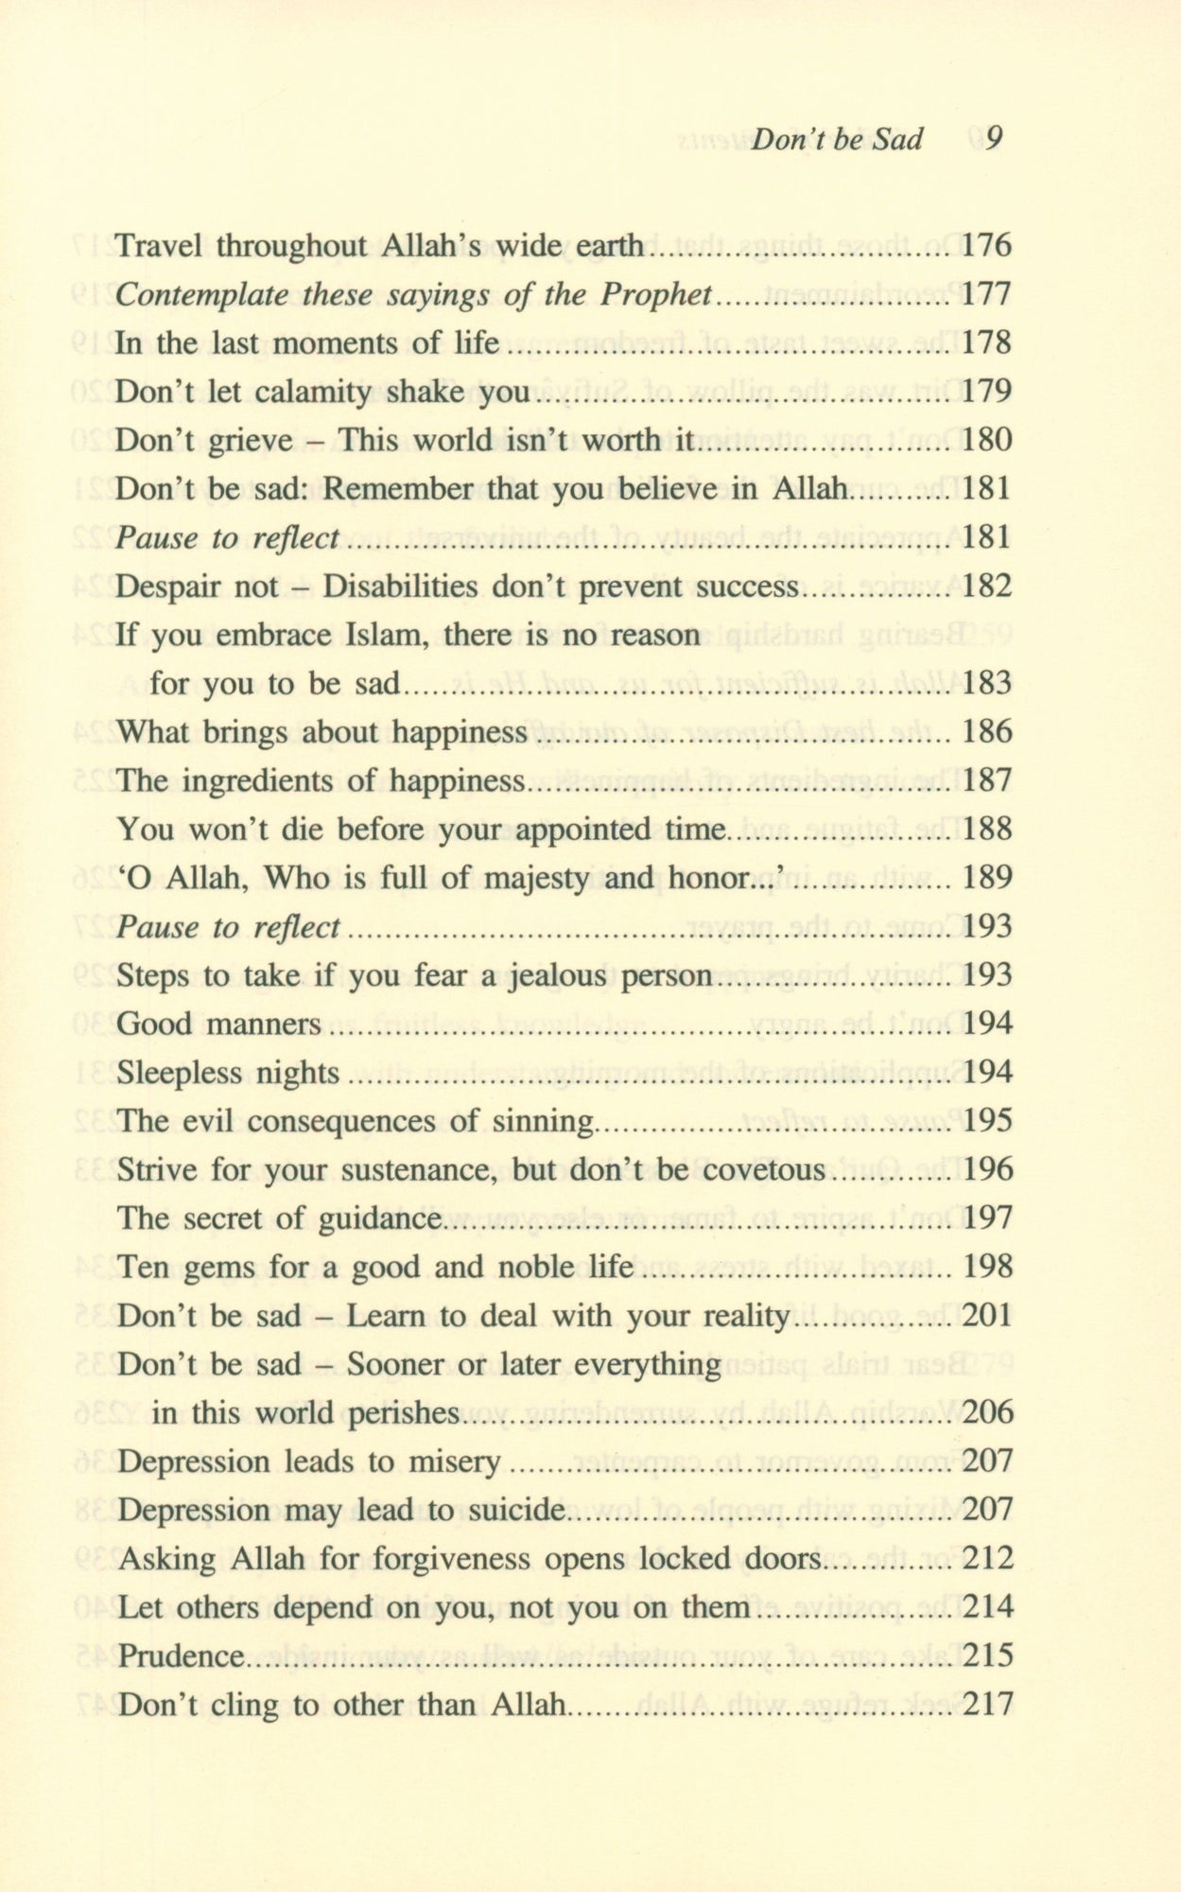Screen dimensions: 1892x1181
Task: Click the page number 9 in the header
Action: click(x=993, y=139)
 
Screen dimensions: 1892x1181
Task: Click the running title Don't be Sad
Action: click(x=836, y=140)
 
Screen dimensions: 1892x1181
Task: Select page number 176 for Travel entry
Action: click(x=986, y=246)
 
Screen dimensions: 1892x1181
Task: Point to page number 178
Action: click(x=986, y=343)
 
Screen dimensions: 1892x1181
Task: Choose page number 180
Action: click(x=986, y=441)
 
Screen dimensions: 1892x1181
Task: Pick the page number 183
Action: click(x=986, y=684)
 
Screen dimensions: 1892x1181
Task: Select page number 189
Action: click(x=986, y=879)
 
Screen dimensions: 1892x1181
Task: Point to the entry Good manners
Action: click(x=218, y=1025)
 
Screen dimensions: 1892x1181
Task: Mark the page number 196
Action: click(x=986, y=1170)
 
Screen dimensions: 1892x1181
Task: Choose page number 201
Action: click(x=986, y=1316)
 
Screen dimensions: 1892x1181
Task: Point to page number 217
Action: click(x=986, y=1705)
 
